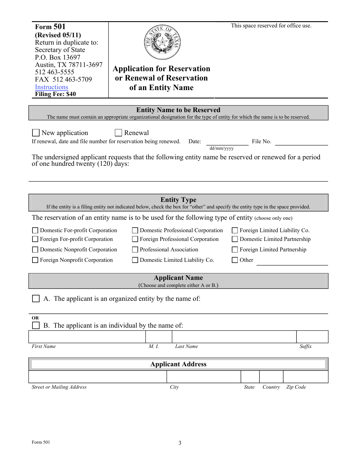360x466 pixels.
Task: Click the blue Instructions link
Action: [x=51, y=87]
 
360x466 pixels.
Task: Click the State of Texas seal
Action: [x=162, y=42]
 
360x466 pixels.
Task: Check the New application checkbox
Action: [x=36, y=133]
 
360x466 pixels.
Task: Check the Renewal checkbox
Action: [x=118, y=133]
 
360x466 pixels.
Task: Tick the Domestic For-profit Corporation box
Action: [x=35, y=230]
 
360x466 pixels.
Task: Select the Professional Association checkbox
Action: [x=135, y=250]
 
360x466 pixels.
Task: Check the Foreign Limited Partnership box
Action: [x=235, y=250]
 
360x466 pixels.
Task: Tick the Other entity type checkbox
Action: [x=235, y=260]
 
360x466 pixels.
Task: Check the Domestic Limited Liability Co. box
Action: [x=135, y=260]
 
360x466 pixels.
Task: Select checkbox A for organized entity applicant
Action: [x=36, y=299]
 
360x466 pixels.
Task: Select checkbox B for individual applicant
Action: [x=36, y=326]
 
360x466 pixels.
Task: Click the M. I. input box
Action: [x=159, y=337]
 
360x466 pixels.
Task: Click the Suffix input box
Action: [x=312, y=337]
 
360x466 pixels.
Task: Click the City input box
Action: [x=204, y=377]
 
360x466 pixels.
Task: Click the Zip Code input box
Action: [x=306, y=377]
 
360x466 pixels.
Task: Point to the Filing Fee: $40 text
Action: [x=55, y=94]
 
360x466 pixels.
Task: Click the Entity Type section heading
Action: [x=178, y=200]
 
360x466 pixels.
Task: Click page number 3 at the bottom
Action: [x=180, y=443]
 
